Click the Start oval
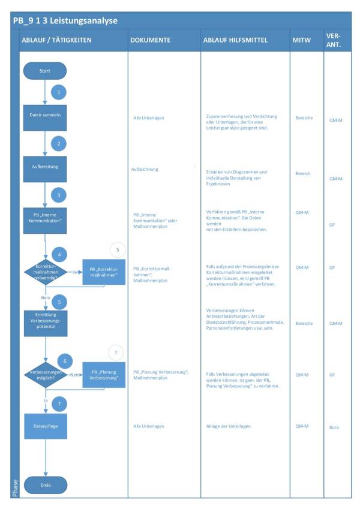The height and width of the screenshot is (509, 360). coord(45,71)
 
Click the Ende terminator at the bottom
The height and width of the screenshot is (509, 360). coord(45,484)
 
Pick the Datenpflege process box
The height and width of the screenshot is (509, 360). coord(45,426)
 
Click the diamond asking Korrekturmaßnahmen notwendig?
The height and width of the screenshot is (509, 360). coord(46,271)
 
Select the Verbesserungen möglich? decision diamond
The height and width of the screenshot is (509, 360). coord(46,374)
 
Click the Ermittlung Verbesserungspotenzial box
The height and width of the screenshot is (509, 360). coord(45,324)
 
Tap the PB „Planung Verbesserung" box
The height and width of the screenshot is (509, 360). coord(104,375)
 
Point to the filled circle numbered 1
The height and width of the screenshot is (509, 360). coord(59,92)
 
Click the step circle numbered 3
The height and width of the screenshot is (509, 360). coord(59,195)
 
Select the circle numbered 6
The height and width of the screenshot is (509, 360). coord(64,361)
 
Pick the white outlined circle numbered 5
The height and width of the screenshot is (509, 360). coord(118,249)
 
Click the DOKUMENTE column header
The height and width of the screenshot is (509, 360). coord(150,40)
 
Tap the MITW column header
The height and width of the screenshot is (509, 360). coord(302,40)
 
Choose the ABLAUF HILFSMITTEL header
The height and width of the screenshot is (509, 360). coord(235,40)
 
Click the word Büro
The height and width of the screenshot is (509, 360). coord(334,427)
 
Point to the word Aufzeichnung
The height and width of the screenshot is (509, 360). coord(145,169)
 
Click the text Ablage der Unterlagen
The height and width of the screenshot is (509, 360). coord(228,426)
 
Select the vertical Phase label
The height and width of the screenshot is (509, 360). coord(16,487)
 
